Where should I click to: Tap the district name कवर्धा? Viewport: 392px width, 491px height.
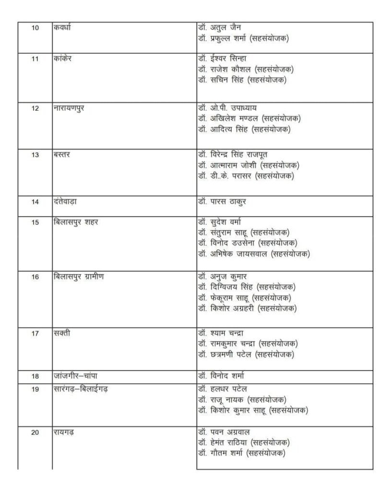pos(64,27)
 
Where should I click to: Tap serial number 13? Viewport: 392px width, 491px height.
pos(35,155)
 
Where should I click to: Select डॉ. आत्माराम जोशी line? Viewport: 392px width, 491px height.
pos(249,165)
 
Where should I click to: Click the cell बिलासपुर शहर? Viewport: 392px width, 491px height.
pos(76,222)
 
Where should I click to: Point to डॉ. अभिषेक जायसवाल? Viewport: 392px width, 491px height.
pos(254,254)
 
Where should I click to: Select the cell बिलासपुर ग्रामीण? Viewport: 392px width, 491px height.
pos(79,277)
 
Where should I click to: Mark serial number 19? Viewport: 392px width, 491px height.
pos(35,389)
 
